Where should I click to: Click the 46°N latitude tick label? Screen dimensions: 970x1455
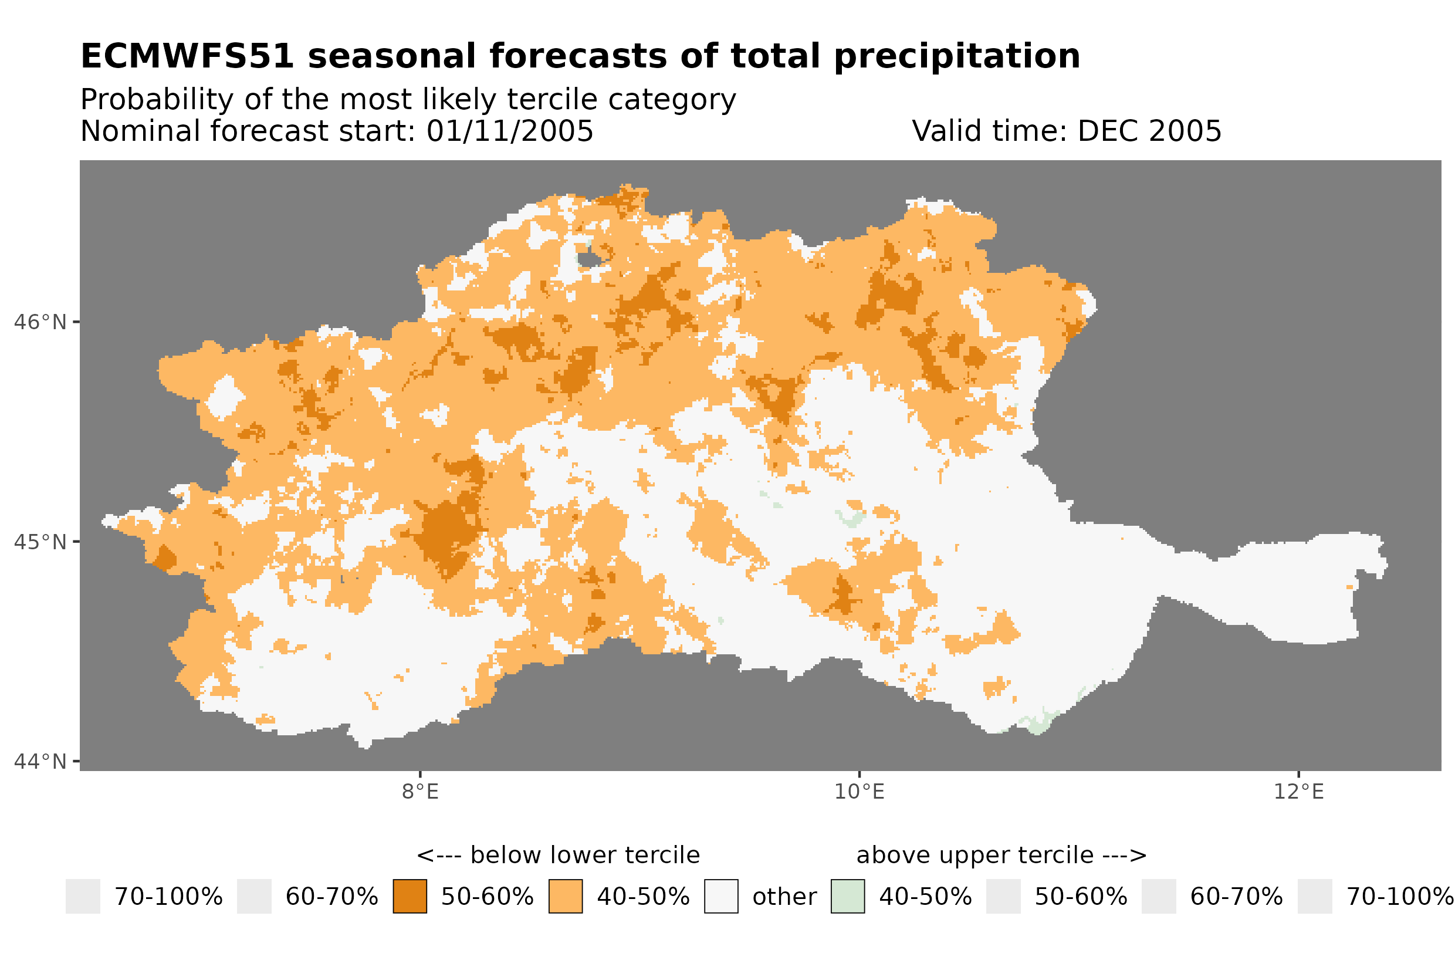click(39, 322)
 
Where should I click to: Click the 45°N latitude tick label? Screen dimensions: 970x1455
click(39, 542)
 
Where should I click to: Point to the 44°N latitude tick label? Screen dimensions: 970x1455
click(39, 762)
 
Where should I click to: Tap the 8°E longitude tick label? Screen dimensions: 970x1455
click(420, 792)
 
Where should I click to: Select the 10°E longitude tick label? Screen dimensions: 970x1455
click(859, 792)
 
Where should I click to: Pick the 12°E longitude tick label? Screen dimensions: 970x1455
click(1298, 792)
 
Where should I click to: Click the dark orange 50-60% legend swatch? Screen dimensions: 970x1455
click(410, 897)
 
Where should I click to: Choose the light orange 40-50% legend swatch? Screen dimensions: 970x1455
click(565, 897)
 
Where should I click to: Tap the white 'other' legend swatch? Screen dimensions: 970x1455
click(721, 897)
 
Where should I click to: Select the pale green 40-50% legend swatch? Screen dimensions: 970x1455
click(848, 897)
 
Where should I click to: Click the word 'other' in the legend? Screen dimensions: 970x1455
click(784, 897)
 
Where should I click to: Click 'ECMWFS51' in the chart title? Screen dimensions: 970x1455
click(187, 56)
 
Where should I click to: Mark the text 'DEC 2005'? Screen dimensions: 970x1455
click(1149, 131)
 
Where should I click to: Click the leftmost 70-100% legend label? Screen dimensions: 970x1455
click(168, 897)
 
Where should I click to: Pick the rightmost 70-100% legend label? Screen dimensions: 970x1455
click(1400, 897)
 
